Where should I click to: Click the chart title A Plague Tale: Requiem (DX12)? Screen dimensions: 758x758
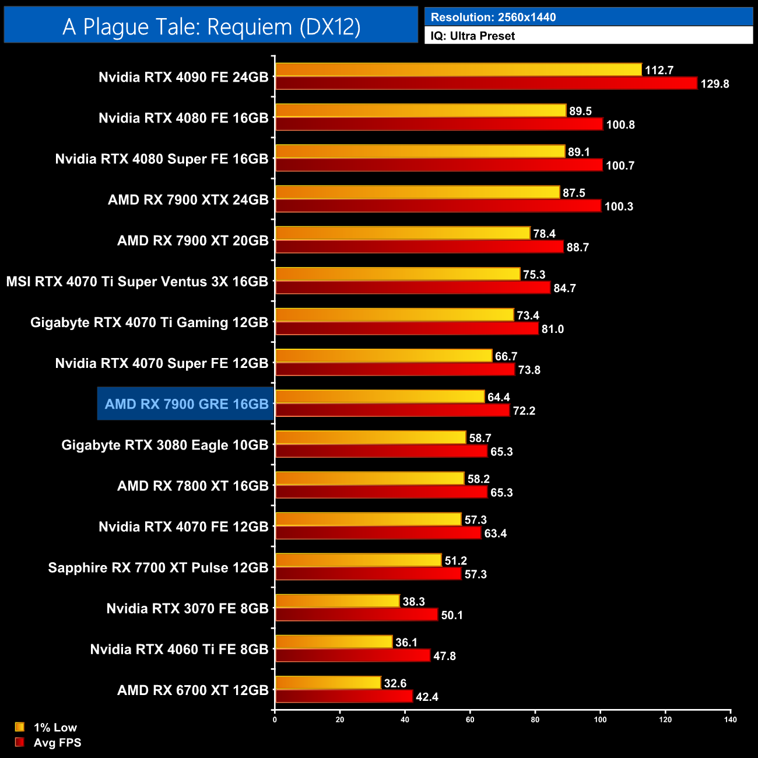[x=211, y=26]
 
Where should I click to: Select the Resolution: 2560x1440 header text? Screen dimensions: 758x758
[x=493, y=17]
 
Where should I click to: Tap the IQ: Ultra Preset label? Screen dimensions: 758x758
[x=472, y=36]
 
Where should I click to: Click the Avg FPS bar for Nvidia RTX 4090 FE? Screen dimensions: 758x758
[x=486, y=83]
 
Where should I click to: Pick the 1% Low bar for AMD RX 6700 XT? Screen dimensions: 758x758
[x=328, y=683]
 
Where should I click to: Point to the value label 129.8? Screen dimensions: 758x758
[x=714, y=84]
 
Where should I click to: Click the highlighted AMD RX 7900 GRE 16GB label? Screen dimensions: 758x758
[x=186, y=404]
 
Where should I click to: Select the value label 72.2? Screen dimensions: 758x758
[x=524, y=411]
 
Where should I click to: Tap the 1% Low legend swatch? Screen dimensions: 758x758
[x=20, y=727]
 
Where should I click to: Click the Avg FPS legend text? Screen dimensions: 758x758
[x=57, y=743]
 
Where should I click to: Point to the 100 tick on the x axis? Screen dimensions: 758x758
[x=600, y=720]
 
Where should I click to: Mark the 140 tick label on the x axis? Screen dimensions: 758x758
[x=730, y=720]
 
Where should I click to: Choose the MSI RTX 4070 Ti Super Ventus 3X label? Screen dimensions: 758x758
[x=137, y=282]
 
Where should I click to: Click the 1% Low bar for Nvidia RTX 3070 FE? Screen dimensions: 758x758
[x=337, y=601]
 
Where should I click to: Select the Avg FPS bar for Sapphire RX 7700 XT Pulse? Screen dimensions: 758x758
[x=368, y=574]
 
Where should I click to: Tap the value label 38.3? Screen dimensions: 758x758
[x=413, y=602]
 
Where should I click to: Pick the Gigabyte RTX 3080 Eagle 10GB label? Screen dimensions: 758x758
[x=164, y=445]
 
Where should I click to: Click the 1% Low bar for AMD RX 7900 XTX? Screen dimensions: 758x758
[x=417, y=192]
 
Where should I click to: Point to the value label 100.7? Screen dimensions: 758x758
[x=620, y=166]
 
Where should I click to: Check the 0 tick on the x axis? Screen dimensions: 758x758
[x=275, y=720]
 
